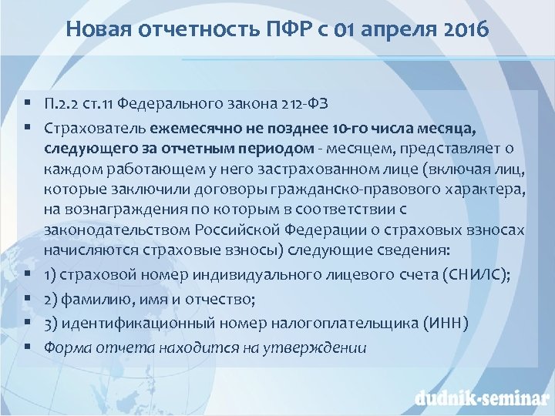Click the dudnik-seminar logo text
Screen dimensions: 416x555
point(479,398)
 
